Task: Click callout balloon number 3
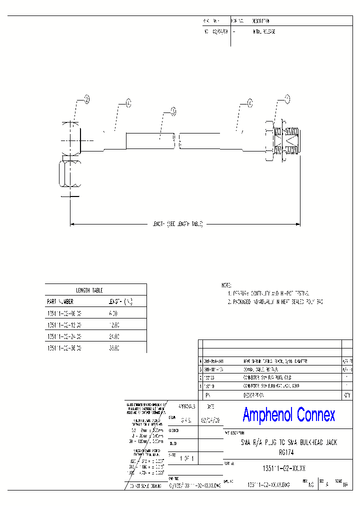click(173, 111)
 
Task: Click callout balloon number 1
click(287, 98)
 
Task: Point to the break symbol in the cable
click(177, 141)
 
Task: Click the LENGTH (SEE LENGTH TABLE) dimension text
click(177, 224)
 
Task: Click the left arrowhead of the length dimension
click(72, 224)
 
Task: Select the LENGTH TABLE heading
click(89, 290)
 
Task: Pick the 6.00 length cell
click(113, 313)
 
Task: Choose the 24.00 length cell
click(113, 336)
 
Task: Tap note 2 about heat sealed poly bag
click(275, 302)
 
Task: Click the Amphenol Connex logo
click(289, 414)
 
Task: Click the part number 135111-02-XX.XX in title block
click(284, 467)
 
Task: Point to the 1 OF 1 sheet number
click(187, 458)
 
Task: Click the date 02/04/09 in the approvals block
click(209, 420)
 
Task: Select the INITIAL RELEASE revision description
click(264, 31)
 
